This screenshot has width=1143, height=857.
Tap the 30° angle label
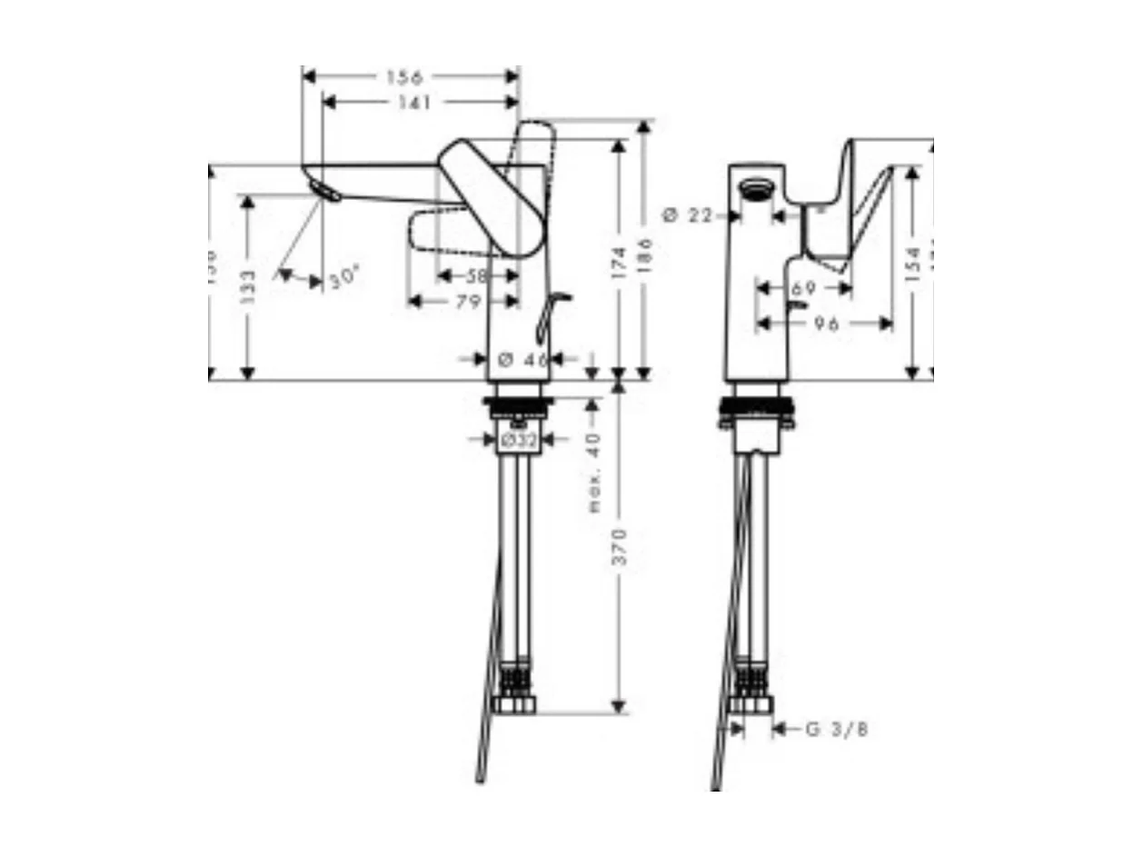click(344, 280)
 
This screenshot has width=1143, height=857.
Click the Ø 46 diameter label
click(524, 359)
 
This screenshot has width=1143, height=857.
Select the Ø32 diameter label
click(518, 440)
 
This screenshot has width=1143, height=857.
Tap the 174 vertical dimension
click(620, 262)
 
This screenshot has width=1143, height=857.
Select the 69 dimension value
click(803, 288)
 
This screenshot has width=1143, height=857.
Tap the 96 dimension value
click(826, 324)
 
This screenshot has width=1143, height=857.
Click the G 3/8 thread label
click(836, 729)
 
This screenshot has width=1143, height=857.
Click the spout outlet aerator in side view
click(323, 191)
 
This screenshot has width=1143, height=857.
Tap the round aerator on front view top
click(755, 189)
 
